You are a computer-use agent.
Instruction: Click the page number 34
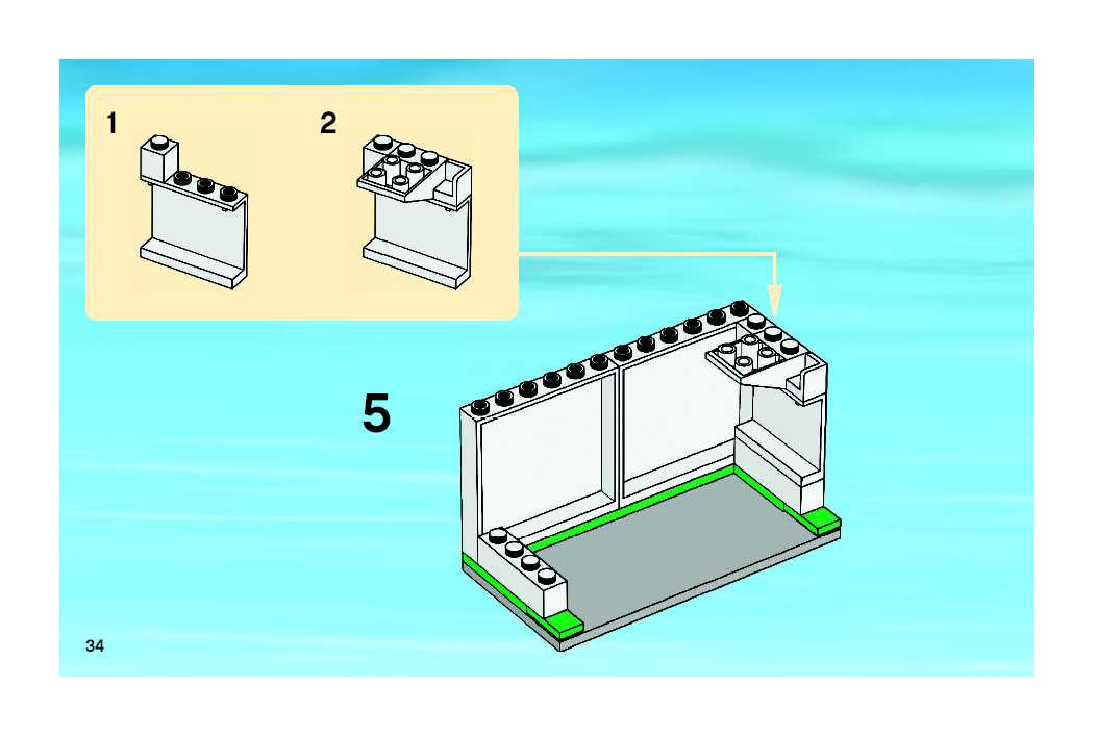tap(95, 646)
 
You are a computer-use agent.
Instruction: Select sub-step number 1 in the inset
tap(111, 124)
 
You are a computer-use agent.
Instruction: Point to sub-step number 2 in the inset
tap(328, 123)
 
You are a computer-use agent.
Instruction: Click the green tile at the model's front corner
tap(564, 622)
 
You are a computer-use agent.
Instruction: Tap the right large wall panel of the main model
tap(677, 416)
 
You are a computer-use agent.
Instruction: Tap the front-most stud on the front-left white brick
tap(546, 576)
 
